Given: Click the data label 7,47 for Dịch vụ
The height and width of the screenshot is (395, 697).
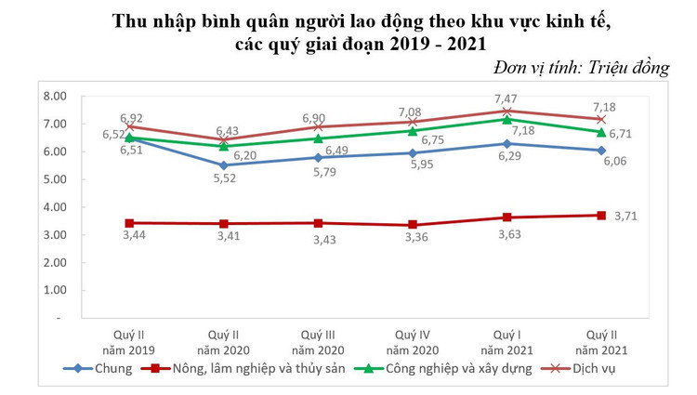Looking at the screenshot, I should (x=506, y=99).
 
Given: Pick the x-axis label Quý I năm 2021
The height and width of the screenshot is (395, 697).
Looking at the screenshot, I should (x=506, y=341).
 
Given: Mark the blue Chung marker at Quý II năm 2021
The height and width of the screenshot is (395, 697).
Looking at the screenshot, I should (x=601, y=150).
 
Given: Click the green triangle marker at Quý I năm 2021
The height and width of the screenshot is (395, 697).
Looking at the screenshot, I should (x=506, y=119).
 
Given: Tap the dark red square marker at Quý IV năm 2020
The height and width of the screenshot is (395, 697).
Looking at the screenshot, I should (x=412, y=225).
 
